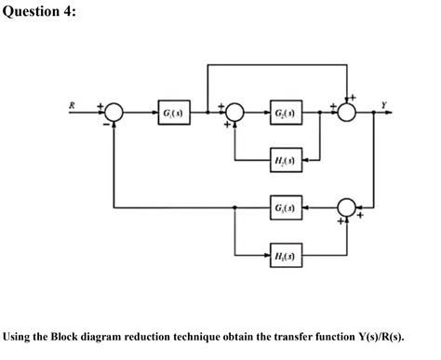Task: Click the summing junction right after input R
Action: [x=114, y=113]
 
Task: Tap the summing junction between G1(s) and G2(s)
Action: [x=234, y=113]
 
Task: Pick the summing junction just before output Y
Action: [x=347, y=113]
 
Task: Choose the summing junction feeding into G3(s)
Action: [x=347, y=203]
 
